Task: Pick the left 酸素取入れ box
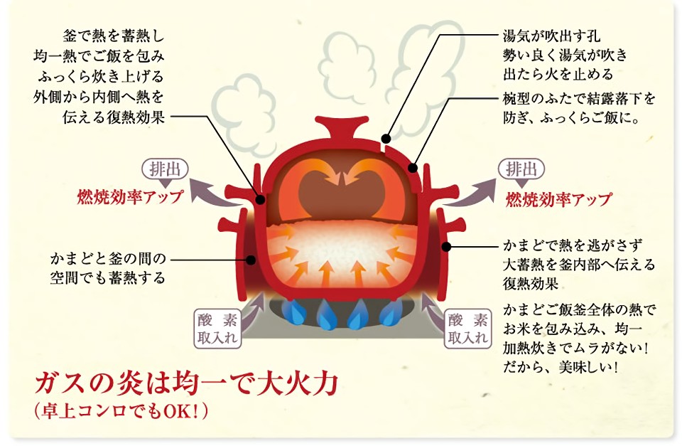point(217,329)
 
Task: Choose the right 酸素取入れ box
point(467,329)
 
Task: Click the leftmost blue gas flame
point(291,312)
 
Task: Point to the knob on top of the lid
point(340,127)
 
